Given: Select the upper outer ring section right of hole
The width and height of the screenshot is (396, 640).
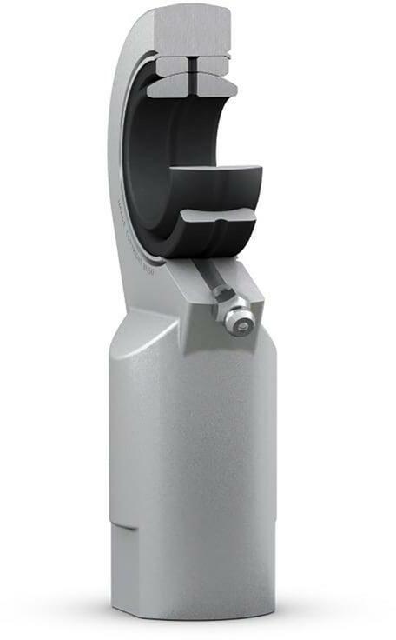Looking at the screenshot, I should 213,63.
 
